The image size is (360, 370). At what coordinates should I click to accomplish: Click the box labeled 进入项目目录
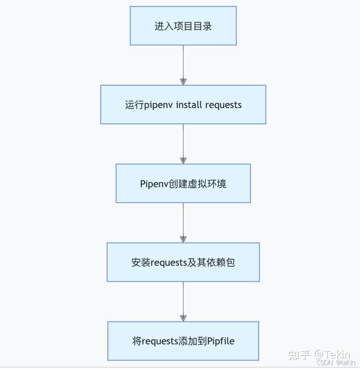[x=183, y=26]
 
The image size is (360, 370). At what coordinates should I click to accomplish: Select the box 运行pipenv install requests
[x=183, y=104]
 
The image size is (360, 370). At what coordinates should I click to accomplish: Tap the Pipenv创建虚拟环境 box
[x=183, y=183]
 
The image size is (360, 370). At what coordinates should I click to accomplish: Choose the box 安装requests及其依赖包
[x=183, y=262]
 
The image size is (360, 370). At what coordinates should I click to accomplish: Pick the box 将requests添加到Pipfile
[x=183, y=341]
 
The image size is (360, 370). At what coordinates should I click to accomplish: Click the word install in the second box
[x=189, y=105]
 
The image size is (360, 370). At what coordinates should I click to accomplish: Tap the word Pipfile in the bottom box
[x=221, y=341]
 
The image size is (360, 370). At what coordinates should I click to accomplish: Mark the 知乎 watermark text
[x=299, y=355]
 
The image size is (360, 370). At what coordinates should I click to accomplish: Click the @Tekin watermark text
[x=332, y=355]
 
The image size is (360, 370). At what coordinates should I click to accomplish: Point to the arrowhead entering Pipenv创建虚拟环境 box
[x=183, y=160]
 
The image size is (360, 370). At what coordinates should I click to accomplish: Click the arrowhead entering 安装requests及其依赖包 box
[x=183, y=239]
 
